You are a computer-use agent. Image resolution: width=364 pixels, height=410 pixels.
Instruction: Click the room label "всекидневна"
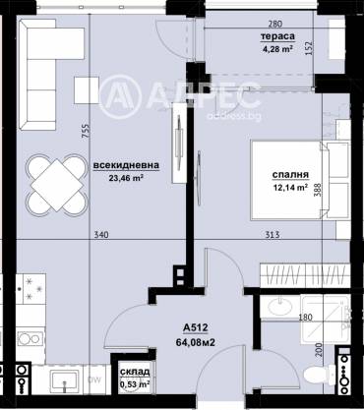126,165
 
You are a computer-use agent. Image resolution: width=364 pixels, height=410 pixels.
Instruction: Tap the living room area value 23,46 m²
127,178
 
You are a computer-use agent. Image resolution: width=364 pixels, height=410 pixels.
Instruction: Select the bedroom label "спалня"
290,175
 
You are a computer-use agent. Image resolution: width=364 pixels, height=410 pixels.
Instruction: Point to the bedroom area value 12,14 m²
290,187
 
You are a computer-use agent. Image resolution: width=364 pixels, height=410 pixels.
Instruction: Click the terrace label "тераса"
277,36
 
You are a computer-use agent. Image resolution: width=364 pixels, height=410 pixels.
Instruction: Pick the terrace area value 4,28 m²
277,49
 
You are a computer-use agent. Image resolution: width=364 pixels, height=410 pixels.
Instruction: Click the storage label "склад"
135,372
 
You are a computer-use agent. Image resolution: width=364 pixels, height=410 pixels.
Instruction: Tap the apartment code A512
196,327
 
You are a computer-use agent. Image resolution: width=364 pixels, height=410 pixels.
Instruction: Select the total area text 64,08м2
196,342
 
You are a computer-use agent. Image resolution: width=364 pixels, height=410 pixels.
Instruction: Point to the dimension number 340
101,235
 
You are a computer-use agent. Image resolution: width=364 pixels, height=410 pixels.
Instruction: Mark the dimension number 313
273,235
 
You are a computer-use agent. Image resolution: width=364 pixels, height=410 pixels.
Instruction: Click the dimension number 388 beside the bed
318,190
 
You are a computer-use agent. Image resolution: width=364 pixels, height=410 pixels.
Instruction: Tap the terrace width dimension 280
274,24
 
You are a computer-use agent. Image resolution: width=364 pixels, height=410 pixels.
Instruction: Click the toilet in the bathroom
319,375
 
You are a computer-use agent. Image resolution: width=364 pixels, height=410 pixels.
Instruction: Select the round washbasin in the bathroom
280,306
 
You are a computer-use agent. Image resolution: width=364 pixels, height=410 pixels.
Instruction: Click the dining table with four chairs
57,185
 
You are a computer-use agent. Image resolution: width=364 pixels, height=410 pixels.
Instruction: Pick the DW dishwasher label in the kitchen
94,380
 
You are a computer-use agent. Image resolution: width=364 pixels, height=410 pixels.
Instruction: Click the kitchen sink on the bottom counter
64,380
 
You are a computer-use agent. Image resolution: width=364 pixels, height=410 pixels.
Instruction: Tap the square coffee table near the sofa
87,90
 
